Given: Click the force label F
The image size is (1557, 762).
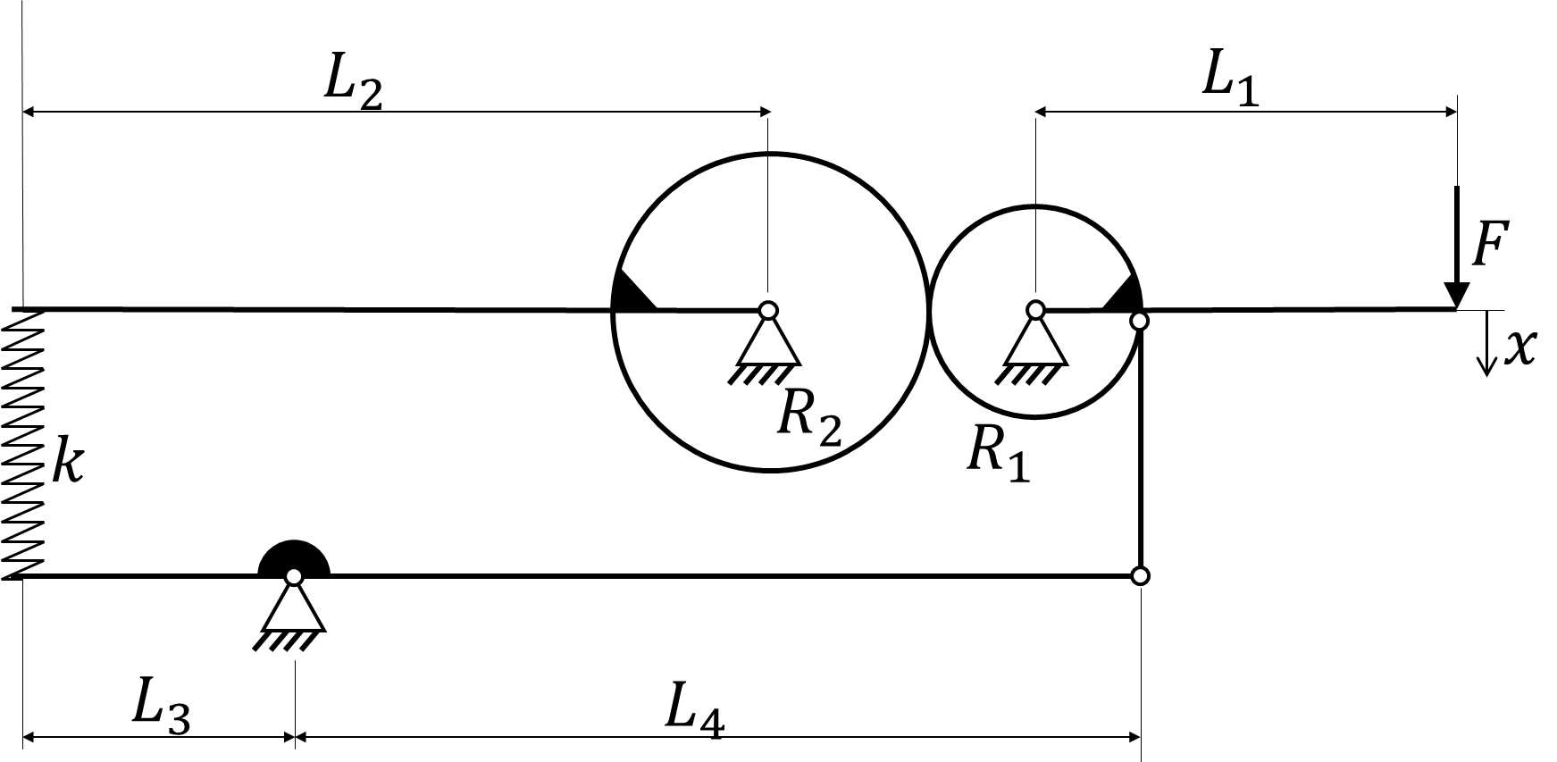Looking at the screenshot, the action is point(1490,245).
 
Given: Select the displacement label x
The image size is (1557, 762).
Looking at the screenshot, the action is point(1519,348).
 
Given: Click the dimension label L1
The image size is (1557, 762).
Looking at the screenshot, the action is point(1230,81).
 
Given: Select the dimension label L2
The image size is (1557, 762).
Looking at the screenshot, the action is point(353,86).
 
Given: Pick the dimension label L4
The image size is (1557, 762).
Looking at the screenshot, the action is point(694,712).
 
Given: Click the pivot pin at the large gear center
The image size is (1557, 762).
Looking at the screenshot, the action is point(767,310).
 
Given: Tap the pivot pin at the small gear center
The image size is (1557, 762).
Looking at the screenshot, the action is point(1035,310).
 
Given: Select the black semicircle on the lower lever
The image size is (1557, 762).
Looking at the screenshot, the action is point(294,559).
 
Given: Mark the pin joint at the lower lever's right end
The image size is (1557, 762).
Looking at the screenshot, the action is point(1140,575).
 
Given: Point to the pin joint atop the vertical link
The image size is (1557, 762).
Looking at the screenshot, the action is point(1139,321).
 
